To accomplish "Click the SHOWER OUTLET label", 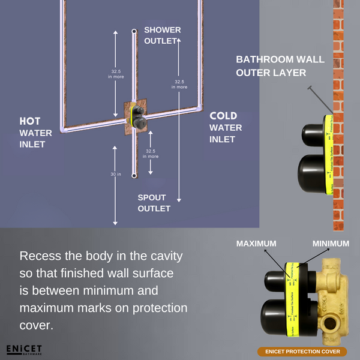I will pos(162,35).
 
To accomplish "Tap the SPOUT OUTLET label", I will pos(154,203).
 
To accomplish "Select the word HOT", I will pos(30,121).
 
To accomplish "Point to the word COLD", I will pos(223,116).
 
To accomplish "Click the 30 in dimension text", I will pos(116,175).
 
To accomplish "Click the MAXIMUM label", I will pos(256,244).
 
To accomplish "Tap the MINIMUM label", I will pos(331,244).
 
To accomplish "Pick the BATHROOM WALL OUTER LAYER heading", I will pos(279,66).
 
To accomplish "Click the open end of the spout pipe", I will pos(134,176).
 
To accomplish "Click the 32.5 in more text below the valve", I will pos(152,154).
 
